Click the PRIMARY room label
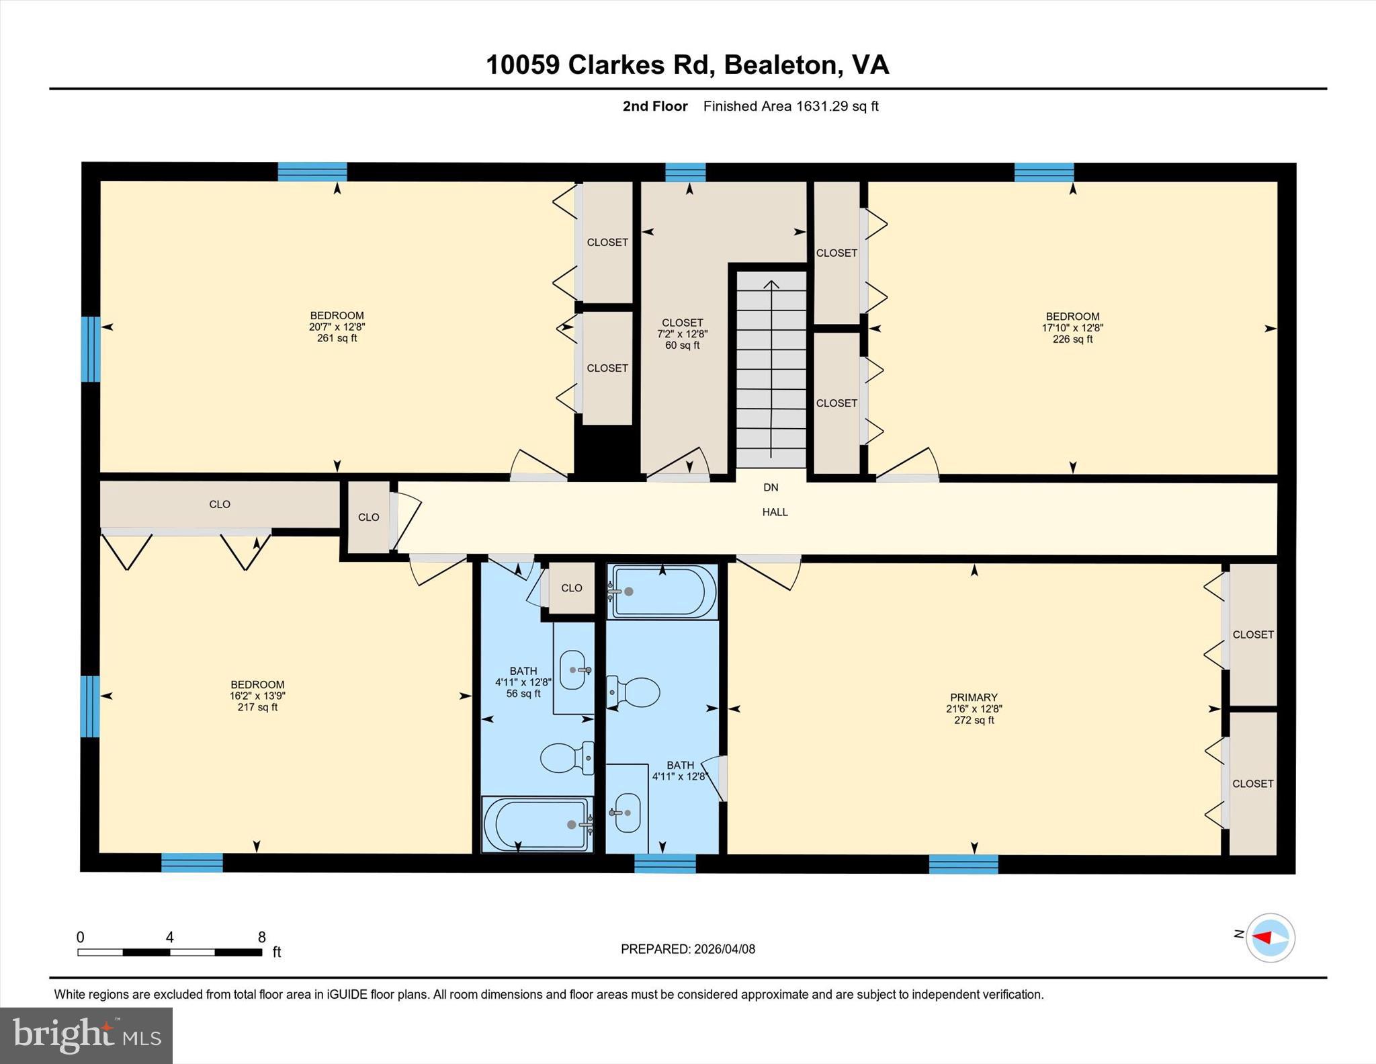[x=974, y=698]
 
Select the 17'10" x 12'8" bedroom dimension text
[x=1072, y=328]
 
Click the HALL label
[x=775, y=512]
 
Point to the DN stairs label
[x=771, y=487]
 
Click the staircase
[x=771, y=370]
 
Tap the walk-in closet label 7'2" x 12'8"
[x=682, y=333]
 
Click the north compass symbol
[x=1270, y=938]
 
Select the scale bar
[x=169, y=952]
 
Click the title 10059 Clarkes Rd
[x=687, y=65]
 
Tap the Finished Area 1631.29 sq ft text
[x=791, y=106]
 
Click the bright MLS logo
[x=86, y=1035]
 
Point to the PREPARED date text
[x=687, y=949]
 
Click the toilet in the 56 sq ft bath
[x=566, y=758]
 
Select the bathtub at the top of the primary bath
[x=662, y=591]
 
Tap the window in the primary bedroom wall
[x=963, y=864]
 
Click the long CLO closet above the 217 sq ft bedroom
[x=220, y=504]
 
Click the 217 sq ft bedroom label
[x=257, y=696]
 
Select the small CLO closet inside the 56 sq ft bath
[x=571, y=588]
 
